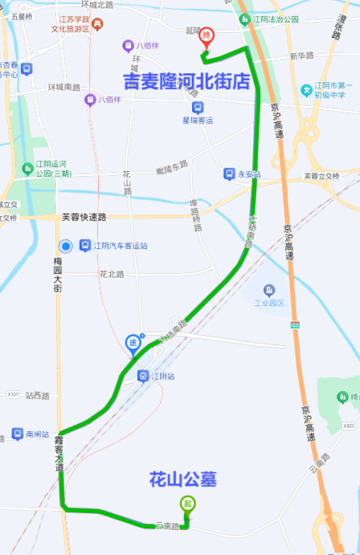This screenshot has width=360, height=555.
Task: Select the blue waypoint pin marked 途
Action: [133, 345]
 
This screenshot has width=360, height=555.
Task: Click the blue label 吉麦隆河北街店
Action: [186, 81]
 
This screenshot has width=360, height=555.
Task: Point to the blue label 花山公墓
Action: [183, 480]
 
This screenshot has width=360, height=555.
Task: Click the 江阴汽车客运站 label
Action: [120, 246]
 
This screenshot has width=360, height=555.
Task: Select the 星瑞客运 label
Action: [198, 120]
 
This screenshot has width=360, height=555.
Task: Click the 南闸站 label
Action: [38, 434]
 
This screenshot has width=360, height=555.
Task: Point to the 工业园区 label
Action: [270, 303]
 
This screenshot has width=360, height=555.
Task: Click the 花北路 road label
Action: [112, 274]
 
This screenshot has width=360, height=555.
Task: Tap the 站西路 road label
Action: [37, 395]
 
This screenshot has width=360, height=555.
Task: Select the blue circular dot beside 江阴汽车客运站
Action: [66, 246]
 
